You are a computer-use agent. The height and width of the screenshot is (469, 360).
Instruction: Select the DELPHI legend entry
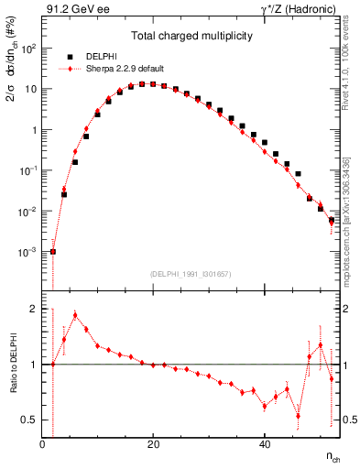(102, 56)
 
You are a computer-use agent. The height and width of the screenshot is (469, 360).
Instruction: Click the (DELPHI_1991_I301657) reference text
(191, 274)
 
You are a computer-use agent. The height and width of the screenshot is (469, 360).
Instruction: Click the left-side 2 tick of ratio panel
(33, 309)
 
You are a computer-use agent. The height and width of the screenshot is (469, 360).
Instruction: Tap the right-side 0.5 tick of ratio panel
(349, 420)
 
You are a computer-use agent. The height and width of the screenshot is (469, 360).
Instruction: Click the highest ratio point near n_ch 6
(75, 315)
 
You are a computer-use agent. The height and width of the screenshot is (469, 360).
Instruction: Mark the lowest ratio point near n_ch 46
(298, 416)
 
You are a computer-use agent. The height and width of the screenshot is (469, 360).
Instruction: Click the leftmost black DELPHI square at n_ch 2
(53, 251)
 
